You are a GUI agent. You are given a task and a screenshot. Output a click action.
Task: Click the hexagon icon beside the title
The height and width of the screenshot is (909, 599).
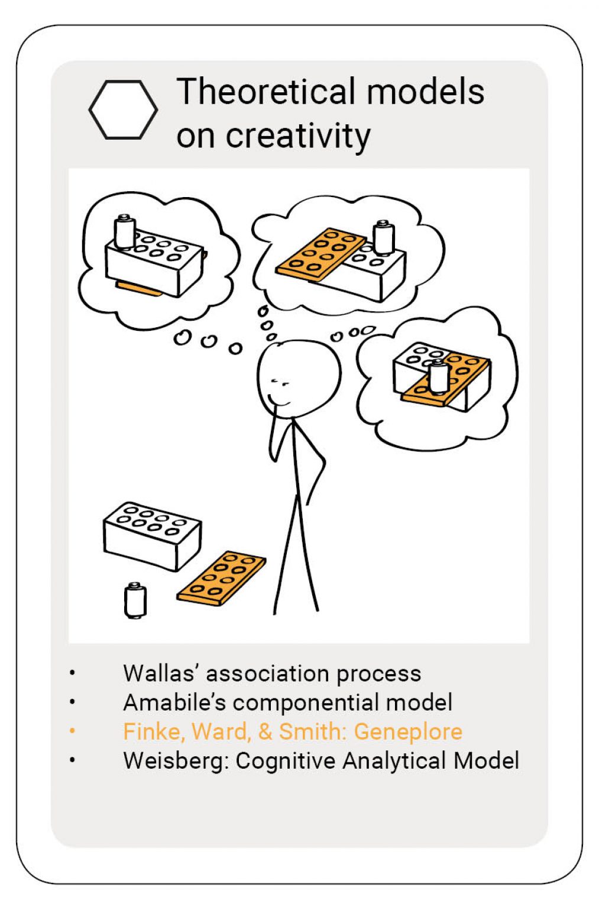(x=123, y=110)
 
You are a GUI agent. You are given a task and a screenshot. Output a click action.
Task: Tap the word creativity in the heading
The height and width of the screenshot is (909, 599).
(x=298, y=136)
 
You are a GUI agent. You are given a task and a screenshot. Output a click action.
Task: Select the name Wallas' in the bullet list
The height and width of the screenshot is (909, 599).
(x=160, y=673)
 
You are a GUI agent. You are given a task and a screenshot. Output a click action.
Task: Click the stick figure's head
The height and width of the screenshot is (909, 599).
(x=299, y=379)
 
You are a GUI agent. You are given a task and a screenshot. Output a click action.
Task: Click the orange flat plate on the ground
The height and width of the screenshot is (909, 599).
(x=221, y=578)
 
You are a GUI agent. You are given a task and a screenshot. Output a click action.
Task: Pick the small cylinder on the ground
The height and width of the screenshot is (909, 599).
(x=135, y=600)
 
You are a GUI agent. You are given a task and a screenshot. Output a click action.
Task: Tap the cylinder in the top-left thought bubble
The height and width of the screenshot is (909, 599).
(x=125, y=231)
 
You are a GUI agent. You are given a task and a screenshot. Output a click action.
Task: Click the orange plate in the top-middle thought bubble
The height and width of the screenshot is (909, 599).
(x=321, y=254)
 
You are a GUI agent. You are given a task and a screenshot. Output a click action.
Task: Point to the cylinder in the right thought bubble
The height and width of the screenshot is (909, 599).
(x=439, y=377)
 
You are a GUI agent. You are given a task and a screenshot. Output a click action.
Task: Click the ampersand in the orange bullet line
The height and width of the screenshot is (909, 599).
(x=265, y=732)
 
